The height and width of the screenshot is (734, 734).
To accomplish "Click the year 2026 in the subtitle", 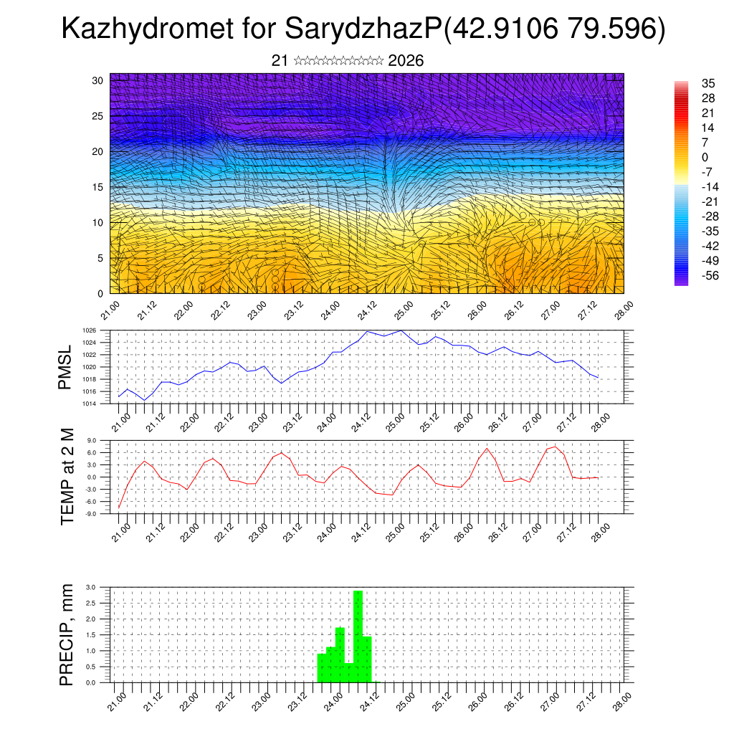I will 406,61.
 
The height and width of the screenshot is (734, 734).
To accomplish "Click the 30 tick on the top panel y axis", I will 98,80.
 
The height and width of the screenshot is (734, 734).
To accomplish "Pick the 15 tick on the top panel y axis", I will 98,187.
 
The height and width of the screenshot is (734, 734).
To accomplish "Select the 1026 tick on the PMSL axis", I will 89,330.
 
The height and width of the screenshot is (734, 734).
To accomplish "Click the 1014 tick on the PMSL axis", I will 89,404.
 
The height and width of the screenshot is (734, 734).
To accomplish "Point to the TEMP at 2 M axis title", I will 67,476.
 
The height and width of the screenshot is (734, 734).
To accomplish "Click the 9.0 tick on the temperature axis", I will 92,441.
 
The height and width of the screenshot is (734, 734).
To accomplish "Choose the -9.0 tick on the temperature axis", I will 91,514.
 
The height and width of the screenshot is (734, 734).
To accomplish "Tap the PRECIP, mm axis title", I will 67,634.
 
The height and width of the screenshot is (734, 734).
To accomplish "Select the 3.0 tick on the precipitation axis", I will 91,587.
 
